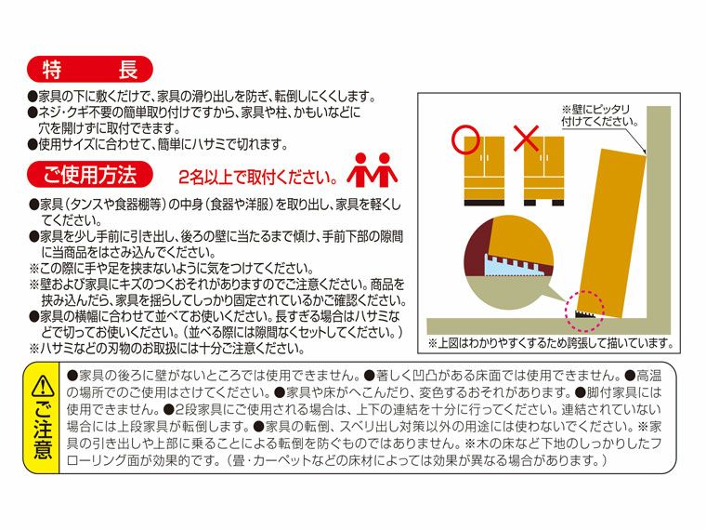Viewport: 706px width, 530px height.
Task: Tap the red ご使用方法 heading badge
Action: [91, 174]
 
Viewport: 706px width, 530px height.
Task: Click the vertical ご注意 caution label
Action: [43, 432]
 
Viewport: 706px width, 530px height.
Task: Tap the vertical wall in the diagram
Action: [658, 214]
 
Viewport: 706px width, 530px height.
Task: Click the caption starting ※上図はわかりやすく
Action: [550, 343]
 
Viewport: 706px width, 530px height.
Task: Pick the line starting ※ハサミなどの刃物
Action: [167, 349]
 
